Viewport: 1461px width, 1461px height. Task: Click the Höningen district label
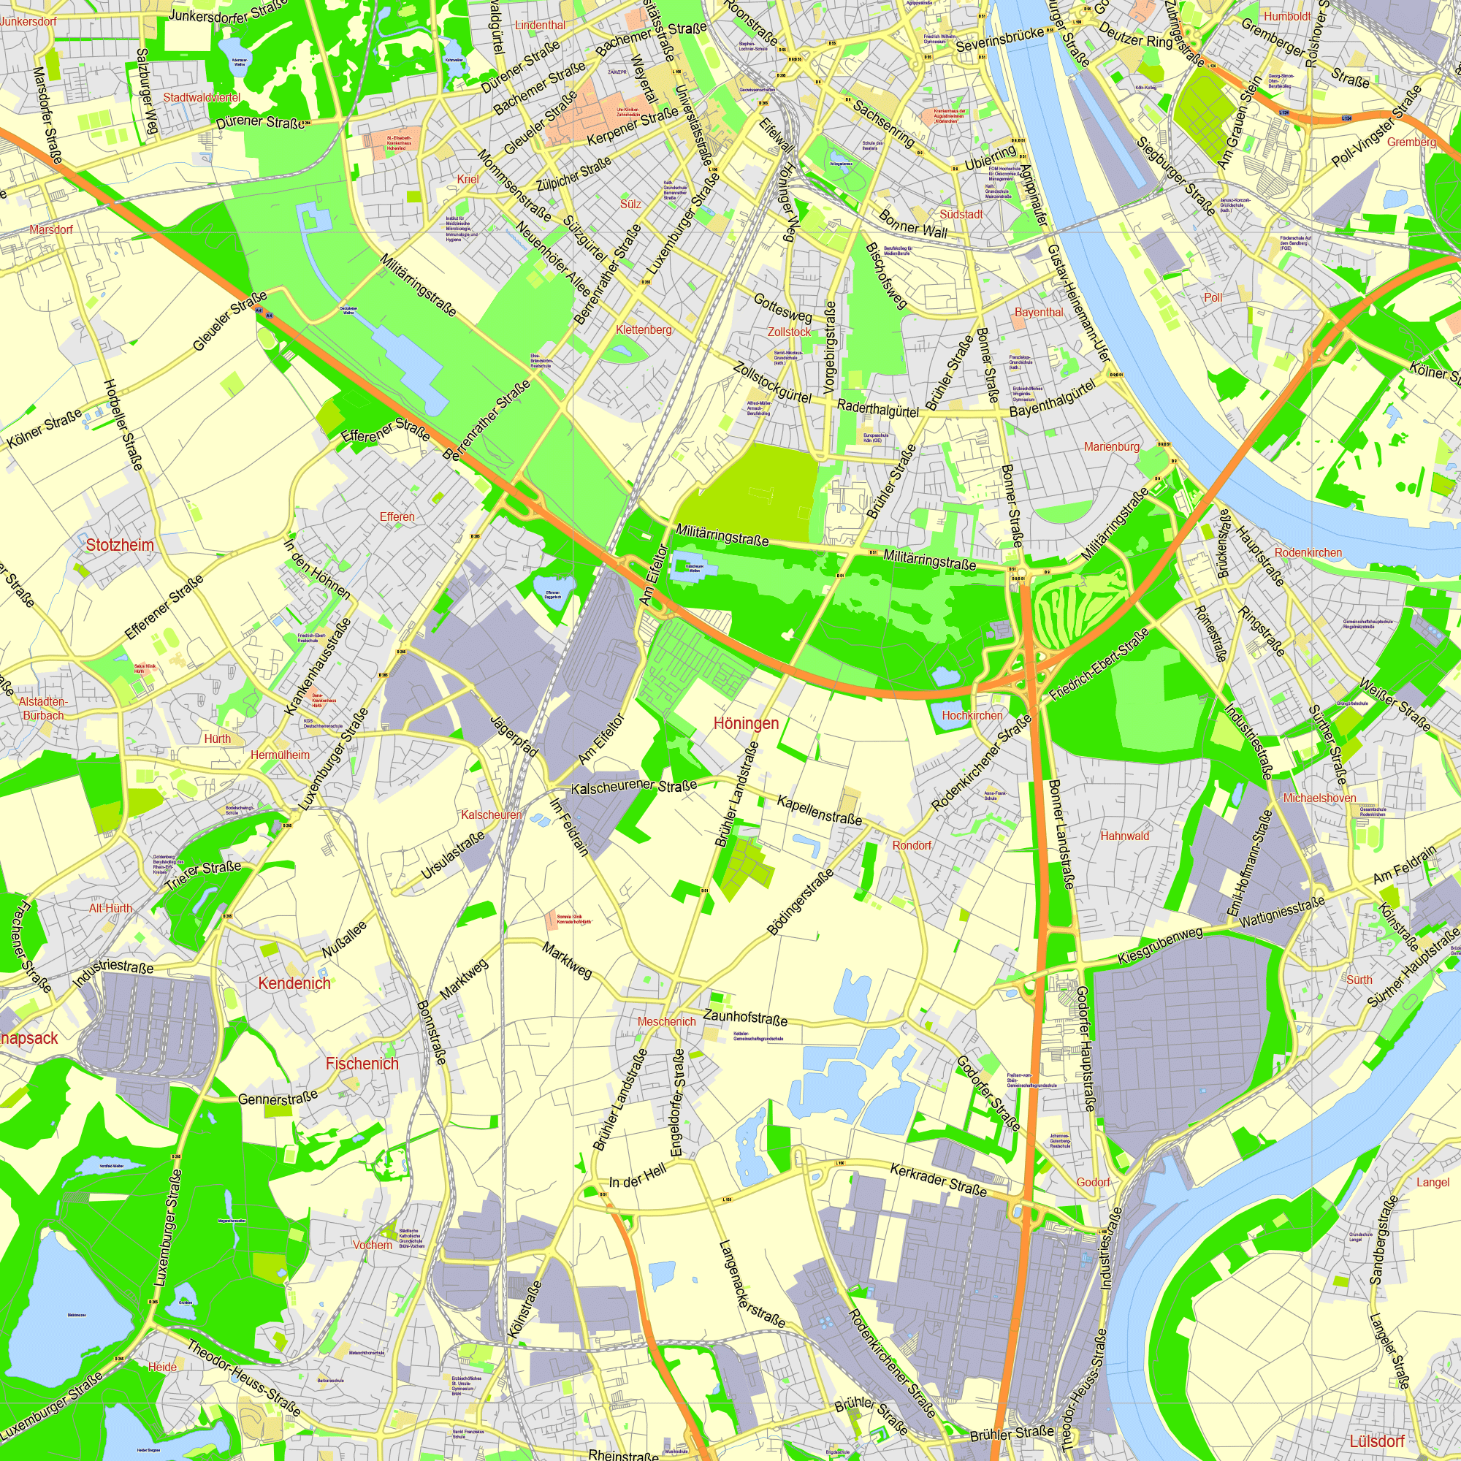click(x=746, y=723)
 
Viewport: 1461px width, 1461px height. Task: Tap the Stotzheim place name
click(x=120, y=544)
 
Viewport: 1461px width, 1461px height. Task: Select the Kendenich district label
click(x=294, y=983)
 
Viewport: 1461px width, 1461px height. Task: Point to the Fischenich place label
click(x=362, y=1063)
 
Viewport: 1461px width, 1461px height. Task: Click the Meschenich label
click(x=666, y=1021)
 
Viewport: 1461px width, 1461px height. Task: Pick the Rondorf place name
click(x=912, y=844)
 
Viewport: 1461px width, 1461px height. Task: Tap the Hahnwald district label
click(x=1124, y=836)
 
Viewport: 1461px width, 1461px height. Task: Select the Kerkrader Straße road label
click(x=939, y=1180)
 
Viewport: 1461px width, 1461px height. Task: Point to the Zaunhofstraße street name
click(x=745, y=1017)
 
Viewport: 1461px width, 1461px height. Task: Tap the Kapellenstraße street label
click(x=819, y=809)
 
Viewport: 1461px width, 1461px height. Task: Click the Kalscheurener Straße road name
click(x=633, y=787)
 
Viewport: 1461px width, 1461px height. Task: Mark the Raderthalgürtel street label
click(x=877, y=408)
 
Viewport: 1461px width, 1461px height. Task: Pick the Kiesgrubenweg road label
click(x=1160, y=946)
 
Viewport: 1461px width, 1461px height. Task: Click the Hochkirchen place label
click(x=972, y=714)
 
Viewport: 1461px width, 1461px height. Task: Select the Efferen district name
click(x=397, y=516)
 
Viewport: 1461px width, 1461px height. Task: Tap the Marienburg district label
click(x=1111, y=446)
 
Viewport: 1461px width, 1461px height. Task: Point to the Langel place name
click(x=1433, y=1181)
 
